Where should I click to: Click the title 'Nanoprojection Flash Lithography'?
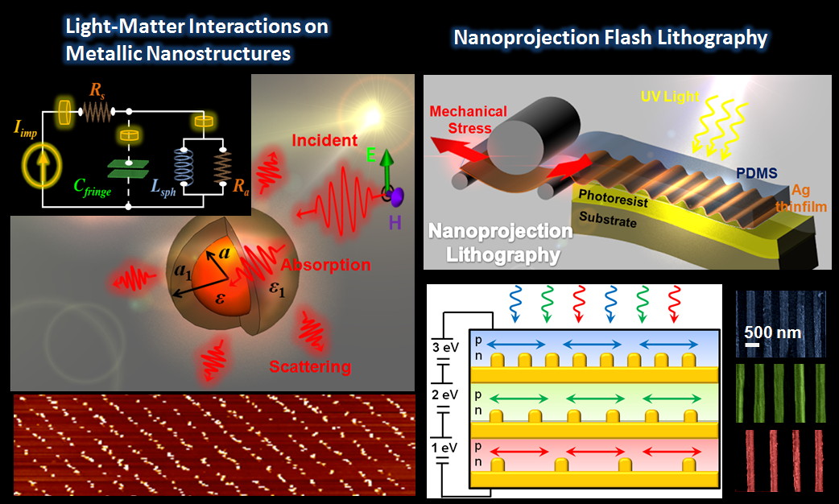click(610, 37)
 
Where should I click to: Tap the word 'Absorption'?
click(325, 264)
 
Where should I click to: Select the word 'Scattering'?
click(310, 366)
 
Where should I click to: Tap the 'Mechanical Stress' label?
click(468, 119)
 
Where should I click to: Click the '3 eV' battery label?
click(445, 349)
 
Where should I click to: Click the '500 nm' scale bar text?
click(771, 331)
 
